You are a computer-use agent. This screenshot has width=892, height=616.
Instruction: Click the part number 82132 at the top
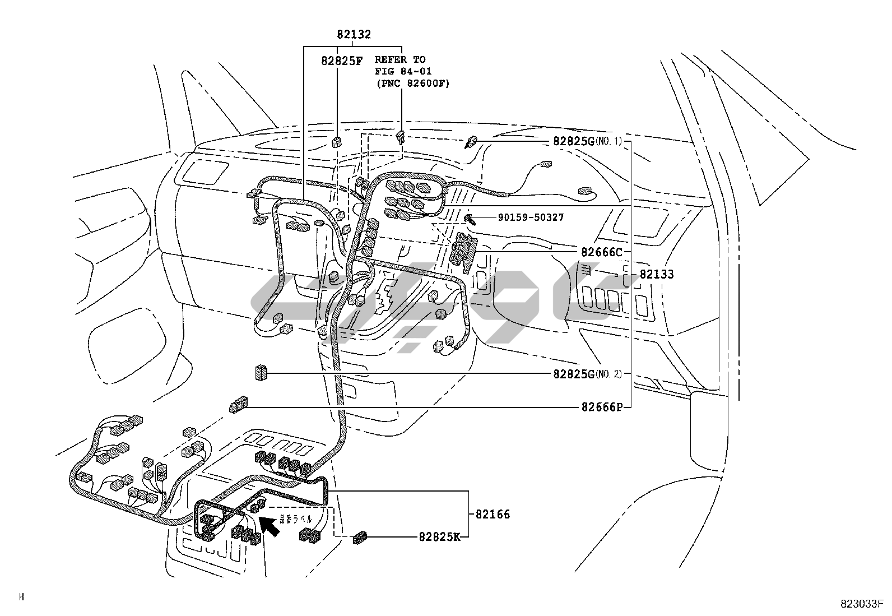click(354, 34)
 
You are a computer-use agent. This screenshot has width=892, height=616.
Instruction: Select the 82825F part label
click(341, 61)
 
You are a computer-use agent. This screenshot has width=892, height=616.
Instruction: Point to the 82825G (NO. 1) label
click(587, 141)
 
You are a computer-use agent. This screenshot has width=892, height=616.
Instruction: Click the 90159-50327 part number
click(530, 217)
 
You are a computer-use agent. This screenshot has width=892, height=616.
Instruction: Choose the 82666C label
click(601, 252)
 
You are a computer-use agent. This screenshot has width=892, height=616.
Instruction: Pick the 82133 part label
click(657, 274)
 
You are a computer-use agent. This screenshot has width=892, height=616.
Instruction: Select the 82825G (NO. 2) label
click(587, 374)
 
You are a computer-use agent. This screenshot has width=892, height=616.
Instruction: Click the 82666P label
click(601, 407)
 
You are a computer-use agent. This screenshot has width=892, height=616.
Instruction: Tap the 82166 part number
click(493, 514)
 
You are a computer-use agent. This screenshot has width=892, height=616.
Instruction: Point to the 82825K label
click(439, 536)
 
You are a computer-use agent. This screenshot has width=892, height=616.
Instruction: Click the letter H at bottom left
click(22, 597)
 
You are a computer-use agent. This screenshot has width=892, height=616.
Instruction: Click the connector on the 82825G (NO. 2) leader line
click(261, 372)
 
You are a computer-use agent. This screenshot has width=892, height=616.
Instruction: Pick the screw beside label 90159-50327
click(470, 219)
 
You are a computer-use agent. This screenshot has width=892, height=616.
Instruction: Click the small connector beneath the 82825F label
click(337, 141)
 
